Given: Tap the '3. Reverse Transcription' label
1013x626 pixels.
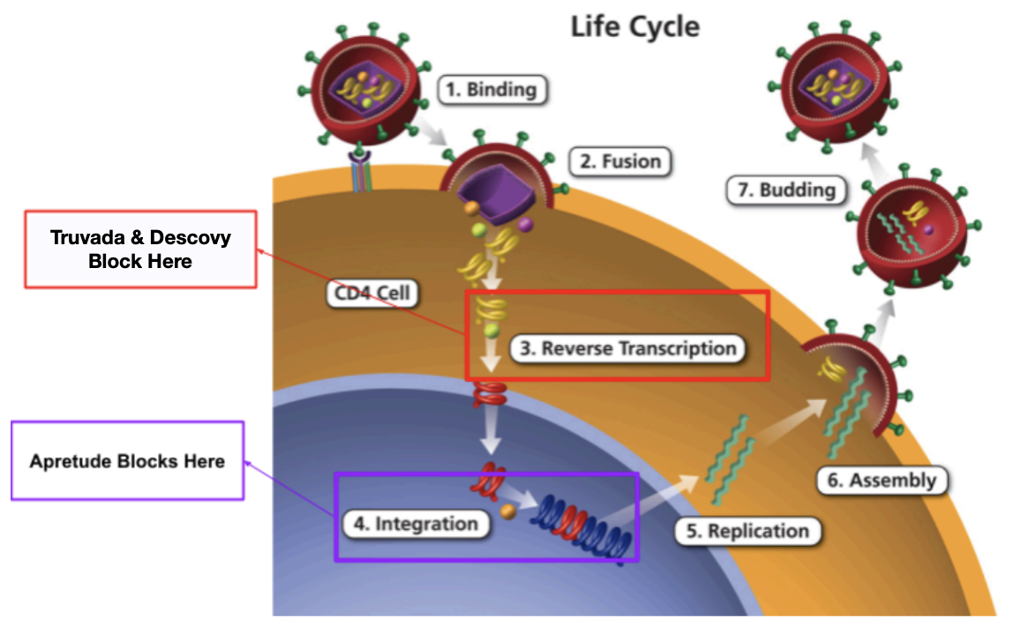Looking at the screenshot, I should point(627,348).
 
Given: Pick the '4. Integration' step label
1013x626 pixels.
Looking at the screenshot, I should point(416,524).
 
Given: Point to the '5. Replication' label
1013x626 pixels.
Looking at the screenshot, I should point(747,531).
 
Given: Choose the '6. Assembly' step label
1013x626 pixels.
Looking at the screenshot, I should point(880,481).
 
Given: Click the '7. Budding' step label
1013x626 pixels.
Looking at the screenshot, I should point(785,190).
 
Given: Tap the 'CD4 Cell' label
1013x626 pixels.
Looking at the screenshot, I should point(369,293).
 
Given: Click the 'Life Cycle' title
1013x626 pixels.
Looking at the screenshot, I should point(634,26).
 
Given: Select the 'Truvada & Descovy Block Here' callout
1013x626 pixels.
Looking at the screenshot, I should point(140,249).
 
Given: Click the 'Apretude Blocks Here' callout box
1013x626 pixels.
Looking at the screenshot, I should point(127,461).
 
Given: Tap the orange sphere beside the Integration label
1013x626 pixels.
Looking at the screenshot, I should point(507,510).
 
